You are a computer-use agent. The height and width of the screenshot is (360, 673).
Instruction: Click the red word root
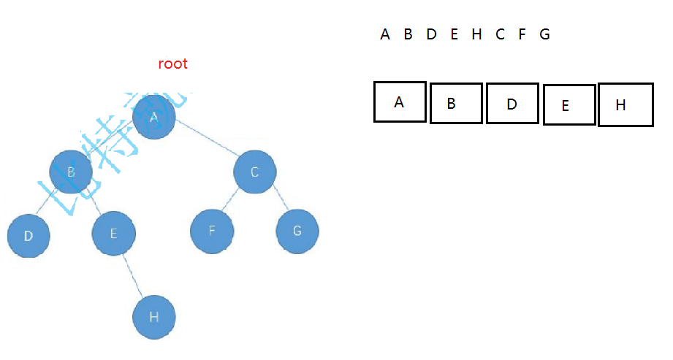pyautogui.click(x=172, y=64)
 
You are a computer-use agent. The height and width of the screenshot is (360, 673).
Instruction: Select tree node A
pyautogui.click(x=154, y=117)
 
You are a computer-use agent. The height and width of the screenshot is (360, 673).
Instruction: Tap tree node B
pyautogui.click(x=71, y=172)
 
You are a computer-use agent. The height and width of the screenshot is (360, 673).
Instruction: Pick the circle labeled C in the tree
pyautogui.click(x=255, y=172)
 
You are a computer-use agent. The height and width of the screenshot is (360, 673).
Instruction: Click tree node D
pyautogui.click(x=28, y=236)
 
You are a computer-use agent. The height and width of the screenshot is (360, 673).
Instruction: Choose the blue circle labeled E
pyautogui.click(x=113, y=234)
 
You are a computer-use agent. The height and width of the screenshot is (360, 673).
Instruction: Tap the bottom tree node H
pyautogui.click(x=154, y=317)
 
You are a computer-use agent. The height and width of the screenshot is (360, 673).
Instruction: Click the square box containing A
pyautogui.click(x=400, y=102)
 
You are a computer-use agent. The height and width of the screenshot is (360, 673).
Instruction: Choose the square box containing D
pyautogui.click(x=512, y=104)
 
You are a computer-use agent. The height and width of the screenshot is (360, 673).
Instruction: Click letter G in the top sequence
pyautogui.click(x=544, y=34)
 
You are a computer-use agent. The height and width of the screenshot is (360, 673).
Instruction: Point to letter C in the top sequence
pyautogui.click(x=500, y=34)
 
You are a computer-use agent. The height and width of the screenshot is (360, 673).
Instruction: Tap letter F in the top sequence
pyautogui.click(x=522, y=34)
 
